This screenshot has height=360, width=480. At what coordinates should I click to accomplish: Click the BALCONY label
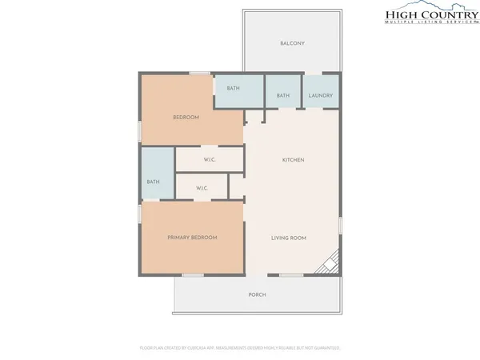click(292, 43)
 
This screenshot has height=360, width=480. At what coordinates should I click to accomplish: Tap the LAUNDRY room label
click(320, 96)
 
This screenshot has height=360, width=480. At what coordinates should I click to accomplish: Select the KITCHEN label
click(293, 160)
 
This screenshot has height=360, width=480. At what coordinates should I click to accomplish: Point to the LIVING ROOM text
click(289, 238)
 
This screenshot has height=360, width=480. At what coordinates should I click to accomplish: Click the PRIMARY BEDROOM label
click(192, 238)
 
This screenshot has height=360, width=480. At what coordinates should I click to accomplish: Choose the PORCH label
click(257, 295)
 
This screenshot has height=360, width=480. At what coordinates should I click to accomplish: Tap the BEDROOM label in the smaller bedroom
click(186, 118)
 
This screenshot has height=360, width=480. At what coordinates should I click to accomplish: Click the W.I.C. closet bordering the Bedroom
click(210, 160)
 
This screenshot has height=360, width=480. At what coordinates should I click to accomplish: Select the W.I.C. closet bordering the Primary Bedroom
click(202, 189)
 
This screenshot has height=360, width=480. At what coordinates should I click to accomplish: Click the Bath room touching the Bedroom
click(233, 88)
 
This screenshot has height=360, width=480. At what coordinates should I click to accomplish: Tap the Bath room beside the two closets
click(153, 182)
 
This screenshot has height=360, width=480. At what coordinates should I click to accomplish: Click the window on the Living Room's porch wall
click(291, 275)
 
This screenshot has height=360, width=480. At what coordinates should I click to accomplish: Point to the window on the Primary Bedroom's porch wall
click(192, 275)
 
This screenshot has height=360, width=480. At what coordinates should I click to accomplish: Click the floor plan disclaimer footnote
click(240, 348)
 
